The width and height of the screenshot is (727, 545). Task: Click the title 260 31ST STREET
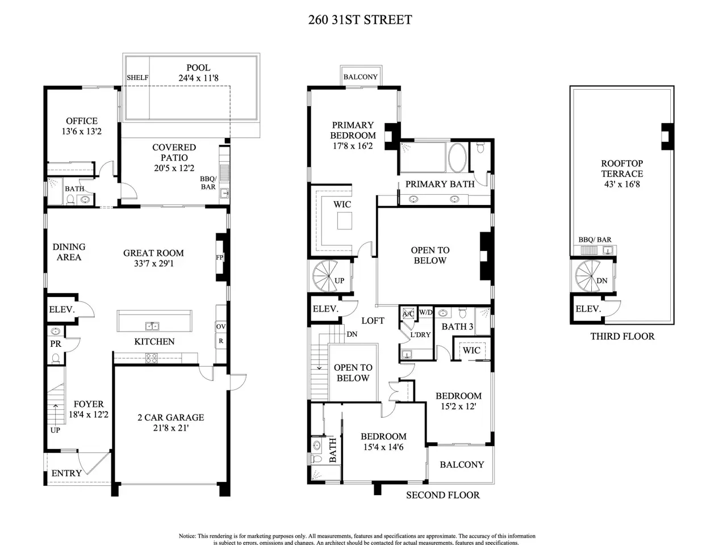360,20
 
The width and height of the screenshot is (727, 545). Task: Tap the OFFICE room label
82,121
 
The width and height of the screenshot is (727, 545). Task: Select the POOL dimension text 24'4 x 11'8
198,78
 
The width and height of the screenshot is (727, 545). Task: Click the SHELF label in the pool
137,77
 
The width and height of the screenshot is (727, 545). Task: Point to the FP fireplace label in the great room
220,257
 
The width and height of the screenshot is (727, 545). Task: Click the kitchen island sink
152,326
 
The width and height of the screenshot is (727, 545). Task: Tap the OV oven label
221,326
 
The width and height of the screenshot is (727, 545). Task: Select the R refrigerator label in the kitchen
221,341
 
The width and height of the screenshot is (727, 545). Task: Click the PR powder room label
56,344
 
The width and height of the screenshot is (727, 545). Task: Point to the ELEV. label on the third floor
588,309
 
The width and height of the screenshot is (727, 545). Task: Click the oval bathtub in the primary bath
457,157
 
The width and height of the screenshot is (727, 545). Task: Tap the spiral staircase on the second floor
327,276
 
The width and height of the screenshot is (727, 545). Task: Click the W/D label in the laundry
425,312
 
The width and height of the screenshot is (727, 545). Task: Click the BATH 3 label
457,326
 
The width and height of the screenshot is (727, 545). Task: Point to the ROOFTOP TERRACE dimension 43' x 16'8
622,185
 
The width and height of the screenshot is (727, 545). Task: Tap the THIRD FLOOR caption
622,336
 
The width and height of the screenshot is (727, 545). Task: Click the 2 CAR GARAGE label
170,418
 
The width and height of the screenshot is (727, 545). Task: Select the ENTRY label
66,473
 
